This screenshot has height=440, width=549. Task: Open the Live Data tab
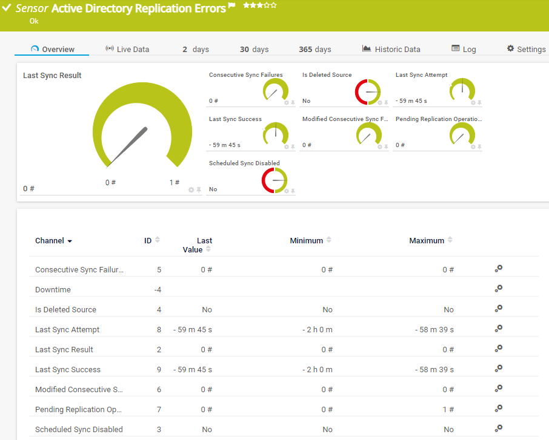click(127, 49)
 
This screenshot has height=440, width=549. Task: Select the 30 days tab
click(254, 49)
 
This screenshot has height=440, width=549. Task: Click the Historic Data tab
click(391, 49)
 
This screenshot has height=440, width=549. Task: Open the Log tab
click(464, 49)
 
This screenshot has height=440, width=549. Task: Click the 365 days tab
click(314, 49)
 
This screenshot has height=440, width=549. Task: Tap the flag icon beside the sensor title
click(231, 6)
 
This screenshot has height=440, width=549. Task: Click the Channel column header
click(50, 241)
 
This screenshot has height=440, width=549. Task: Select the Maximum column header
click(427, 241)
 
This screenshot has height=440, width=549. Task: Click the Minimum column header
click(307, 241)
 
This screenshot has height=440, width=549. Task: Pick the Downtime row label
click(53, 290)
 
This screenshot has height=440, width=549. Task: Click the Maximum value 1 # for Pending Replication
click(448, 410)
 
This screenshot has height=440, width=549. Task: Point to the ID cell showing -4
click(158, 290)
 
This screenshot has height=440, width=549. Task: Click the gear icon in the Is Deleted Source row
click(499, 309)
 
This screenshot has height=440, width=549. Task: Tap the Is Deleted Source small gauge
click(368, 92)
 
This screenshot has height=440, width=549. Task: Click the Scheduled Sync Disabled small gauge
click(274, 180)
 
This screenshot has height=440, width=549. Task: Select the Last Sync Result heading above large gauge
click(52, 76)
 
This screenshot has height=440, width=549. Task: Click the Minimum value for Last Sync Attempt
click(318, 330)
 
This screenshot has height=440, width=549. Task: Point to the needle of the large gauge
click(128, 145)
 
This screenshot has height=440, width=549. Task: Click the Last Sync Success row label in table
click(68, 370)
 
